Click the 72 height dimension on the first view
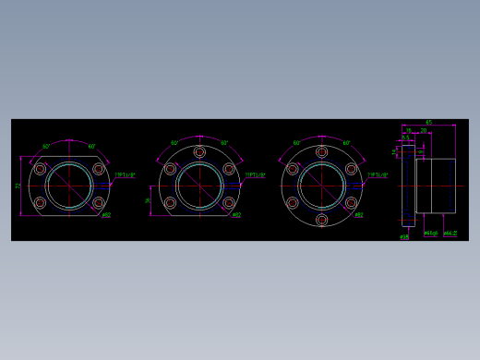coord(18,186)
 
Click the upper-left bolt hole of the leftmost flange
coord(40,169)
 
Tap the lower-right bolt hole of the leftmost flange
coord(99,203)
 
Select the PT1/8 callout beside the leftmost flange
coord(125,174)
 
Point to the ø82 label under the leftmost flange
coord(106,215)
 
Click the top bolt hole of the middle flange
coord(199,151)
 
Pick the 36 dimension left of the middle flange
coord(148,199)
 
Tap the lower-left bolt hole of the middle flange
coord(170,203)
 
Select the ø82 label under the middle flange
coord(236,215)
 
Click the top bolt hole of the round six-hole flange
coord(321,151)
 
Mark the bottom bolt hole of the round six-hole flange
coord(321,220)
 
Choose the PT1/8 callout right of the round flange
coord(378,174)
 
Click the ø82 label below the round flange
coord(358,215)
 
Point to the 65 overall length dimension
coord(428,123)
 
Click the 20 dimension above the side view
coord(424,131)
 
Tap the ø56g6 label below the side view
coord(431,234)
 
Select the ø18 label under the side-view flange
coord(404,237)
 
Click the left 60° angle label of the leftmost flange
coord(46,147)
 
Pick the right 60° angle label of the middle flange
coord(224,143)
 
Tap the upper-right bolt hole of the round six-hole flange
coord(351,169)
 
